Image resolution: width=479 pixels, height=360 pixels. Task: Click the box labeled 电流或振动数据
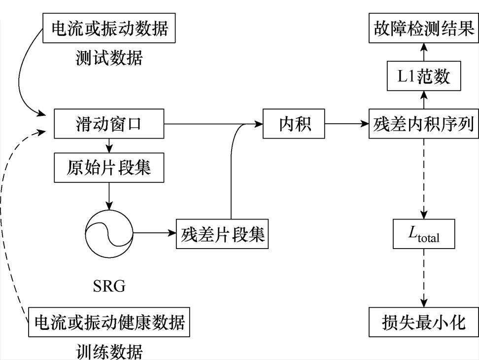pos(109,29)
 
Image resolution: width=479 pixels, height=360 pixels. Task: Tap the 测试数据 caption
pos(109,58)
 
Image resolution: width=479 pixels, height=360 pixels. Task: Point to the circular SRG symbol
pos(109,233)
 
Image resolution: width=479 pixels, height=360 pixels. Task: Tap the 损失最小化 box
pos(424,323)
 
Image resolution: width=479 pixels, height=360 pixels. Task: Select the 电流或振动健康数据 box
pos(109,323)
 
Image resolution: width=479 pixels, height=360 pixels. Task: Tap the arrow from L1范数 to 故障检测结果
pos(424,53)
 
